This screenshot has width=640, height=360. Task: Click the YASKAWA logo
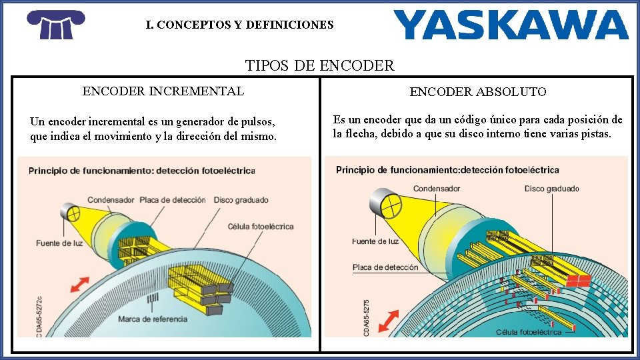click(x=511, y=25)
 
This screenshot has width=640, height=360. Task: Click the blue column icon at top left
click(x=56, y=25)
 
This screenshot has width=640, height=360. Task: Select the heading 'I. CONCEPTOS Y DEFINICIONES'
click(x=240, y=25)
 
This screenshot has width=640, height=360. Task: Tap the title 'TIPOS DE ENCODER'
click(x=320, y=65)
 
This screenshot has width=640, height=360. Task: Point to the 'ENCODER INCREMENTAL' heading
click(x=163, y=91)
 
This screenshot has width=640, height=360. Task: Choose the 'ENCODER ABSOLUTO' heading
click(x=478, y=92)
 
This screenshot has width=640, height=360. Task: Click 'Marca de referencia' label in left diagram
click(x=153, y=319)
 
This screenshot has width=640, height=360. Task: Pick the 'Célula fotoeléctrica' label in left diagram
click(x=261, y=227)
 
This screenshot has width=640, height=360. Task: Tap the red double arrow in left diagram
click(x=79, y=285)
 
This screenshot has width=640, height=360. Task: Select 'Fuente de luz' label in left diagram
click(x=59, y=243)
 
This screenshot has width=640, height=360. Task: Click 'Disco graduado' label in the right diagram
click(x=552, y=189)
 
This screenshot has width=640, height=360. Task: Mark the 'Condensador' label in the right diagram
click(x=437, y=189)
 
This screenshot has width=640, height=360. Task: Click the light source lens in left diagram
click(x=71, y=213)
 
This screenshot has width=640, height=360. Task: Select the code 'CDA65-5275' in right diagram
click(x=367, y=317)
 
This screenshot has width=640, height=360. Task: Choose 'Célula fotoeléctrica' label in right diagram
click(x=529, y=332)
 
